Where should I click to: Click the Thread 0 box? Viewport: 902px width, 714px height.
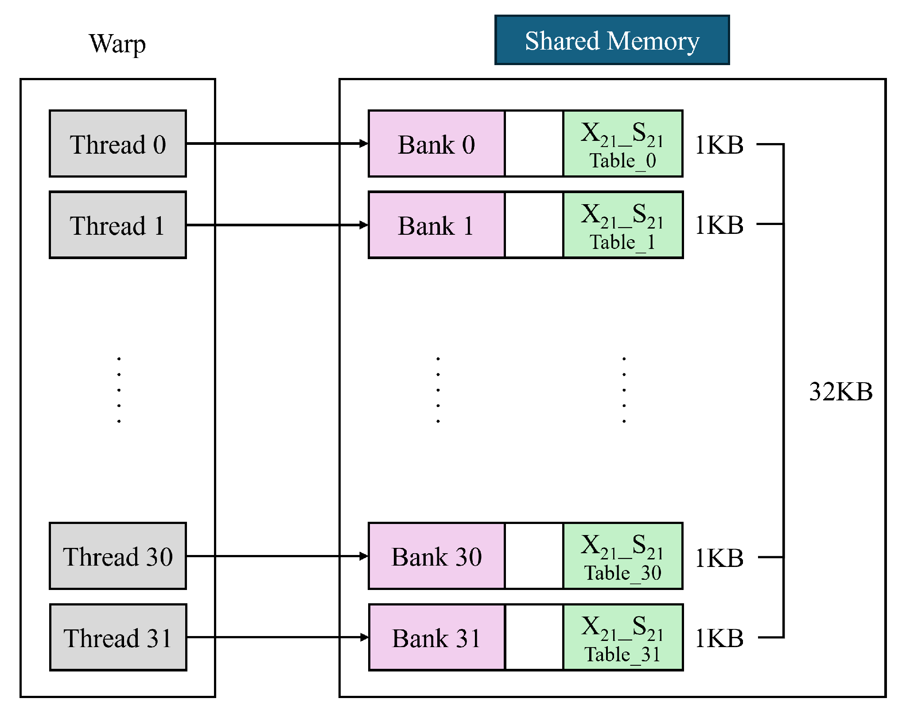(x=118, y=144)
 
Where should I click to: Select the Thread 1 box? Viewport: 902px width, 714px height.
(x=118, y=225)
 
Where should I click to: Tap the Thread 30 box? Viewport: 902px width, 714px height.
(x=118, y=556)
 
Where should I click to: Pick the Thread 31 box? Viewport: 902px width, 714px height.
(x=118, y=638)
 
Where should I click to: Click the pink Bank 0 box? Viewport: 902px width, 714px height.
(x=436, y=144)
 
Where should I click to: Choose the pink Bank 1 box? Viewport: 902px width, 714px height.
(x=436, y=225)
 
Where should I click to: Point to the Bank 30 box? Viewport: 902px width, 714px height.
(x=436, y=556)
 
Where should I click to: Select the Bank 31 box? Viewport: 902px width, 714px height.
(x=436, y=638)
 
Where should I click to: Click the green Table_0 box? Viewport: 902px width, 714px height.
(x=622, y=144)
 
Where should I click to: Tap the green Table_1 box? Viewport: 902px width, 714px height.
(x=622, y=225)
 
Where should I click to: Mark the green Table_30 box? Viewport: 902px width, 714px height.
(x=622, y=556)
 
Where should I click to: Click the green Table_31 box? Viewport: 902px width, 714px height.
(x=622, y=638)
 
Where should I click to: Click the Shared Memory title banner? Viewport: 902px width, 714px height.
(x=612, y=40)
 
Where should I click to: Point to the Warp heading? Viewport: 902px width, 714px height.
(x=117, y=44)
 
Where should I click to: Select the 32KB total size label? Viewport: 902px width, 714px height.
(x=840, y=392)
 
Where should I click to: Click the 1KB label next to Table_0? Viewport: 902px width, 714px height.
(x=719, y=145)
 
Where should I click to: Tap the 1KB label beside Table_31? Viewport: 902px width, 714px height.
(x=719, y=638)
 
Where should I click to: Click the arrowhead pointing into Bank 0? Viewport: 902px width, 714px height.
(x=364, y=144)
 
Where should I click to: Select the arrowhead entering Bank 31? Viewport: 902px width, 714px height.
(x=364, y=637)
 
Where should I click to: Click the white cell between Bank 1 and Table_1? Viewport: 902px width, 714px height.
(x=534, y=225)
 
